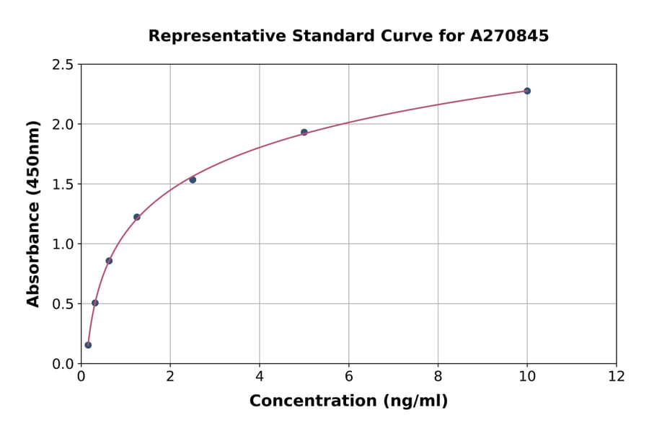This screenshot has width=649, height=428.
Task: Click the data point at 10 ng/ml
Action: point(527,91)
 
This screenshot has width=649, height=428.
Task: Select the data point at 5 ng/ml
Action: point(304,133)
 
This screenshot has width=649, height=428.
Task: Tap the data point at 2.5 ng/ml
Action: point(193,179)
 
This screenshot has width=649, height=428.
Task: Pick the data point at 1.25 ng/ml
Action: point(137,217)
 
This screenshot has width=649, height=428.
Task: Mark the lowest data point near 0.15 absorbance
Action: point(88,345)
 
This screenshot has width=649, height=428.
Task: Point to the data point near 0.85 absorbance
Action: point(109,261)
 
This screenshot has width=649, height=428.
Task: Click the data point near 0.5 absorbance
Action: point(95,303)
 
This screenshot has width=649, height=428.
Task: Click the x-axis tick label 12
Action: point(617,377)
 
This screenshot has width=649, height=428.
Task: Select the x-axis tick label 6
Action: point(349,377)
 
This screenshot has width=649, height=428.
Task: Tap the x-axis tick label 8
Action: point(438,377)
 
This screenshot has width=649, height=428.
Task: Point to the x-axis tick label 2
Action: point(170,377)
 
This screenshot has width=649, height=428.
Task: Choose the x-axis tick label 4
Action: point(260,377)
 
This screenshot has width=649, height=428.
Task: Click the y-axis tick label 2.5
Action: point(63,65)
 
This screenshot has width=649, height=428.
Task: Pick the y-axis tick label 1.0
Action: point(63,244)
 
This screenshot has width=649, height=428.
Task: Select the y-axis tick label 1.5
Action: point(63,184)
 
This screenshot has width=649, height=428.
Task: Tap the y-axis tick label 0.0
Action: point(63,364)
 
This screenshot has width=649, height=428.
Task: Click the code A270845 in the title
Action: point(510,36)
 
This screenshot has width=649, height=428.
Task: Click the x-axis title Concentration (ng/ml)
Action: point(348,401)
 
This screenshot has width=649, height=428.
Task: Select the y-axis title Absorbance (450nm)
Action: point(33,214)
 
